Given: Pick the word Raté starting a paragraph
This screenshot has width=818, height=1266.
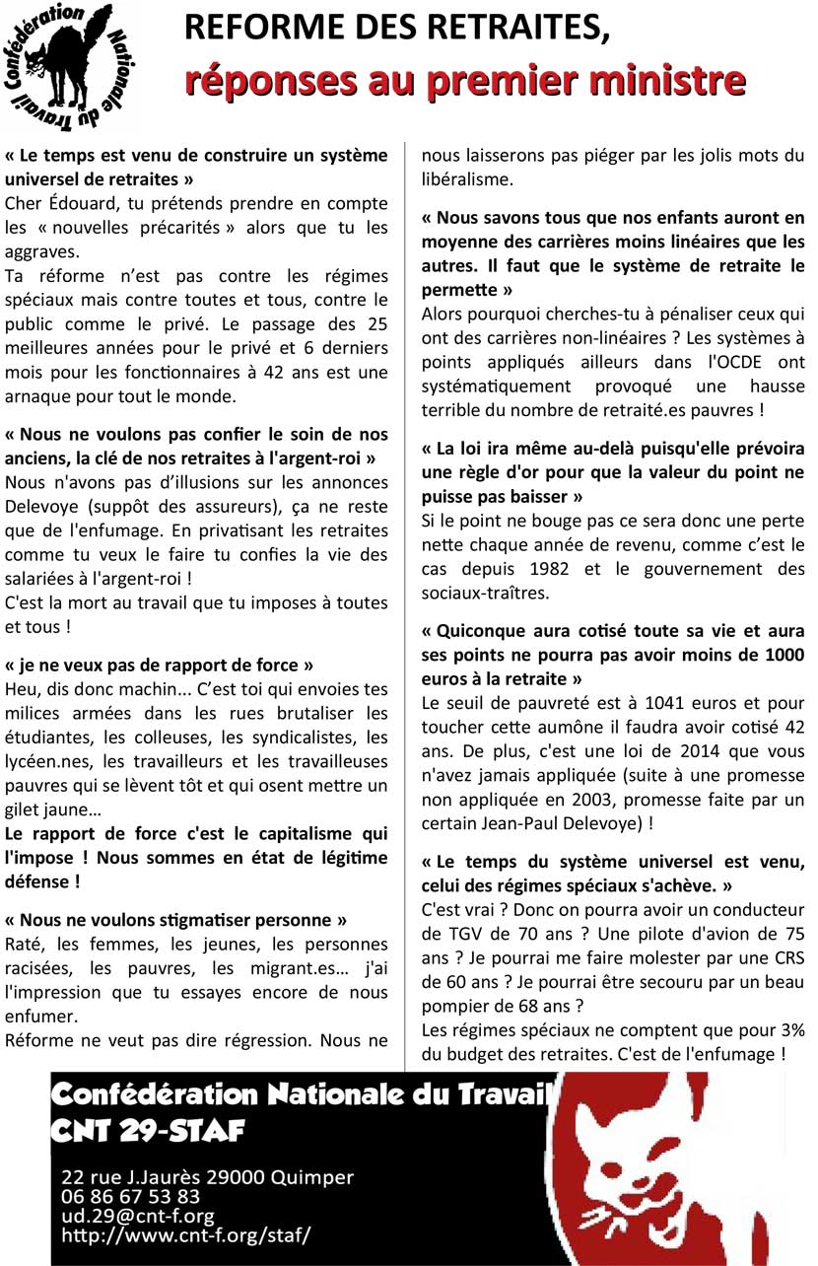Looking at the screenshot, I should coord(26,944).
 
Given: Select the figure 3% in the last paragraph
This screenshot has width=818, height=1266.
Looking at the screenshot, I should coord(790,1029).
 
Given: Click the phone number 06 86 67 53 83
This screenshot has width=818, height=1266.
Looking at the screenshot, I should coord(130,1197).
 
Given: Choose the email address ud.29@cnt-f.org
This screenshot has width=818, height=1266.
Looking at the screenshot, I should coord(137,1216).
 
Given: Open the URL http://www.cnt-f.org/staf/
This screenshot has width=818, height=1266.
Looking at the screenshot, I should coord(185,1234).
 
